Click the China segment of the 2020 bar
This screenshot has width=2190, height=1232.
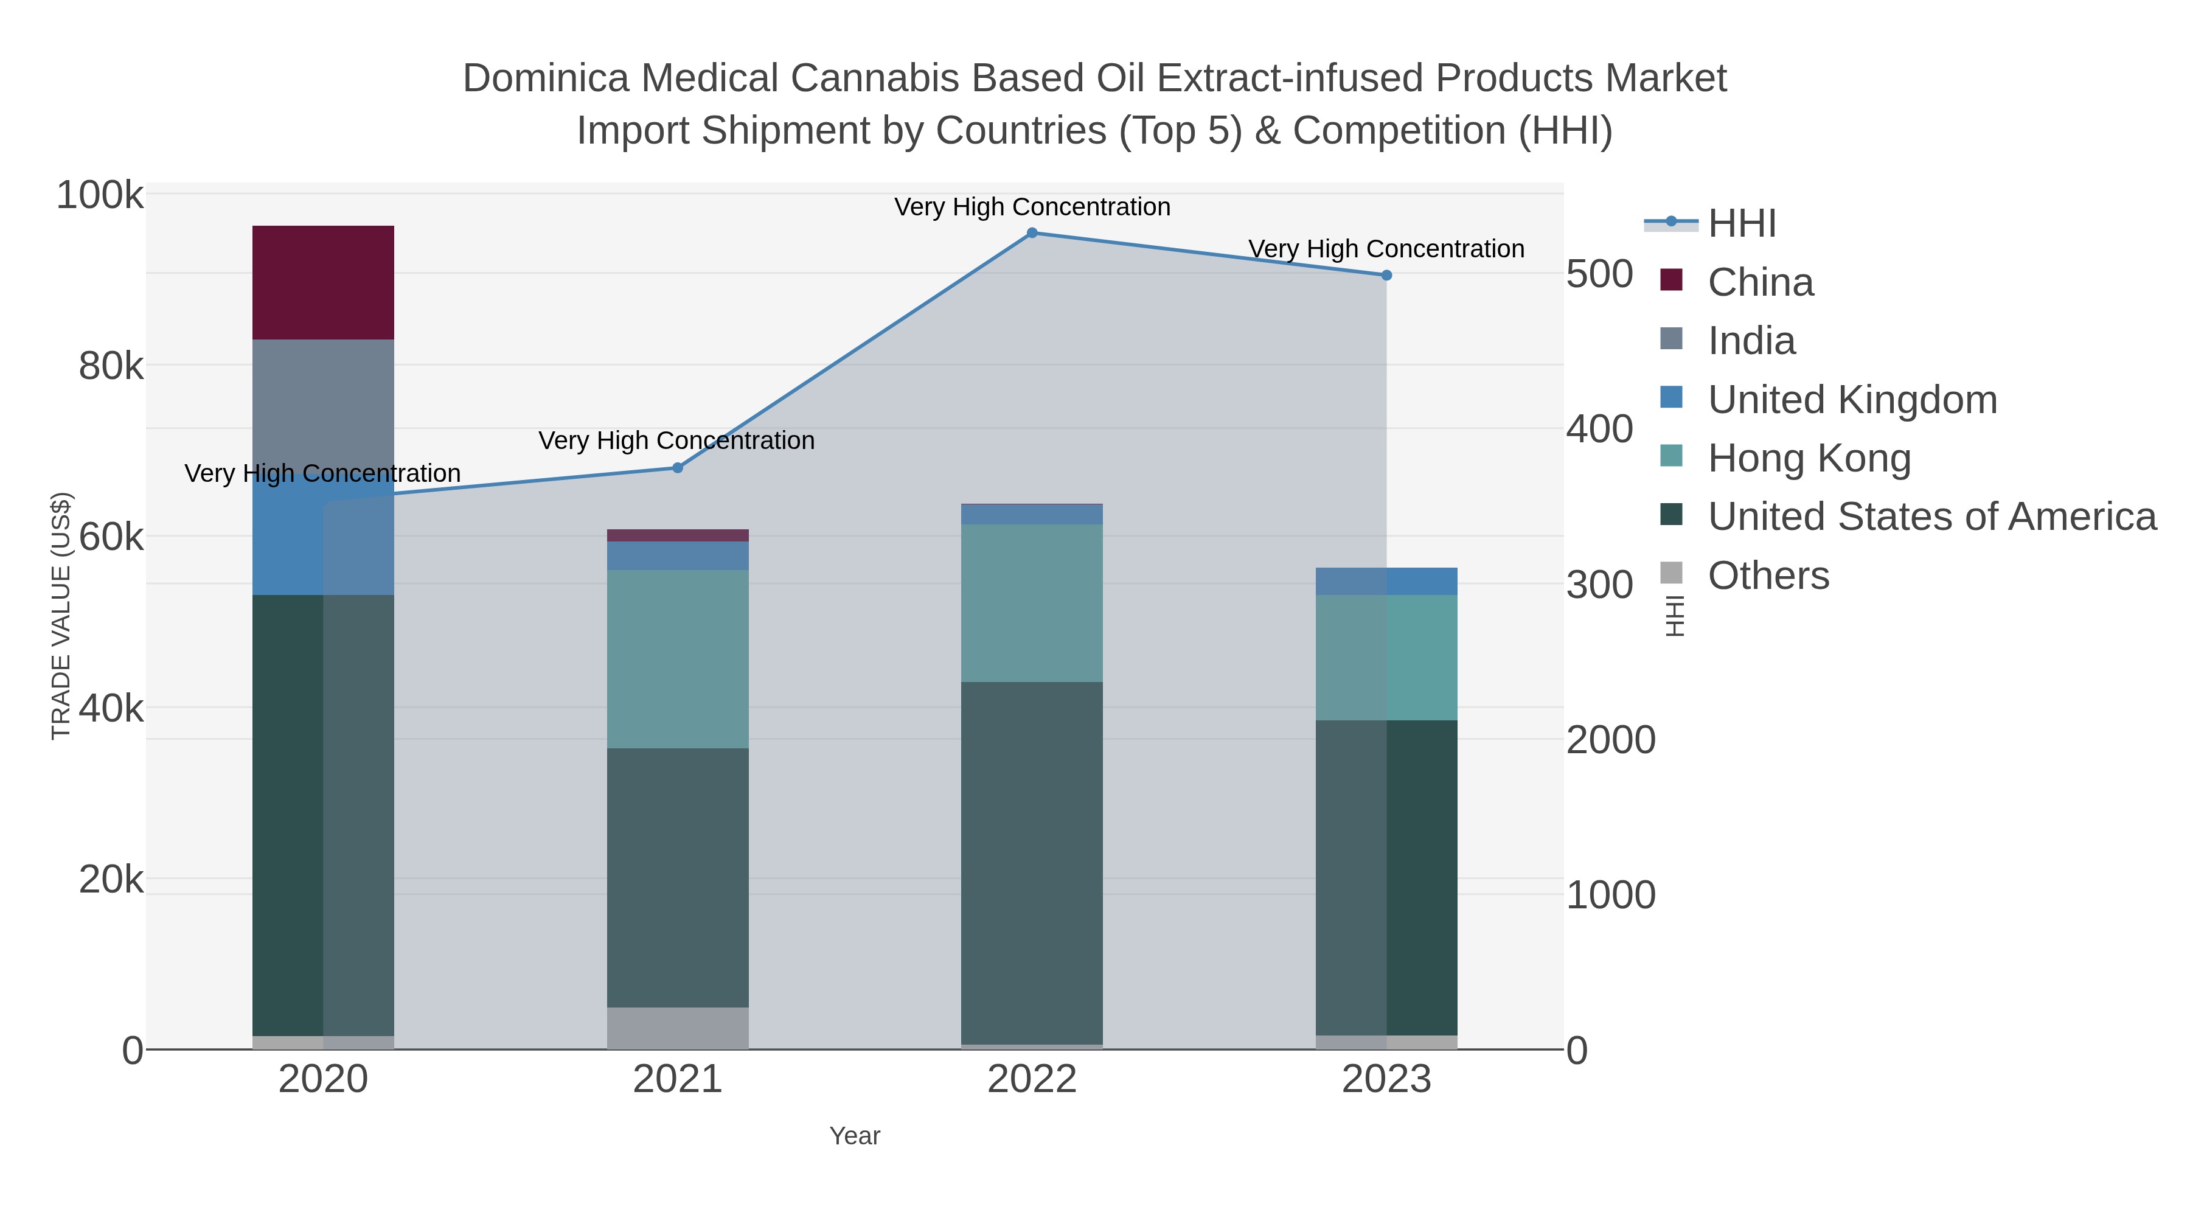tap(323, 282)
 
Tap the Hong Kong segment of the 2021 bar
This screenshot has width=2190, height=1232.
tap(678, 659)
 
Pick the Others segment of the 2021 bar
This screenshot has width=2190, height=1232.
tap(678, 1028)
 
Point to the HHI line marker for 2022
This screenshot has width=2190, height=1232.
tap(1032, 233)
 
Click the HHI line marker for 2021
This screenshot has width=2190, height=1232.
tap(678, 468)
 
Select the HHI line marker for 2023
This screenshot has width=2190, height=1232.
tap(1386, 276)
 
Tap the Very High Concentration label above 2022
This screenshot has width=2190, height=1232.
tap(1032, 207)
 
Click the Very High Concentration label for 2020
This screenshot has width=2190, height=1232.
tap(322, 473)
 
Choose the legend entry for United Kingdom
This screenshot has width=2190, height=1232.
tap(1852, 400)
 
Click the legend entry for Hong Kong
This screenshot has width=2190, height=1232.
tap(1809, 458)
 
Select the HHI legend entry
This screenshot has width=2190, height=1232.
tap(1741, 224)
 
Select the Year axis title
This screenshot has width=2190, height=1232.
tap(855, 1136)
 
